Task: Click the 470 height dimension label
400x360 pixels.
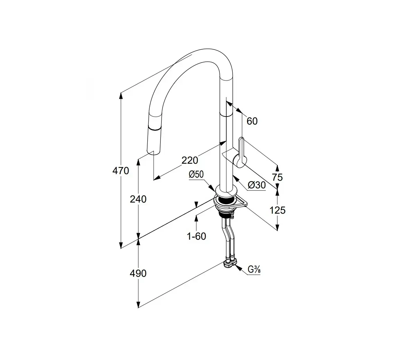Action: [x=121, y=171]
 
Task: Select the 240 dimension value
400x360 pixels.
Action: [x=138, y=199]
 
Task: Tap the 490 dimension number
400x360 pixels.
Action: [x=138, y=273]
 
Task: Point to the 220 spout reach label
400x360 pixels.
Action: [x=190, y=160]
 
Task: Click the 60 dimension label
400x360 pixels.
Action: [x=252, y=121]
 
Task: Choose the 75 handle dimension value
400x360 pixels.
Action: [x=277, y=177]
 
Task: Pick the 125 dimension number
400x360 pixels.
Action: [x=277, y=210]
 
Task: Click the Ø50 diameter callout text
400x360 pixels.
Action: [x=196, y=175]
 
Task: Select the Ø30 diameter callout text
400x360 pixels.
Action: [x=257, y=185]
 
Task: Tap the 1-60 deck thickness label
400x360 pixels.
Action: [x=196, y=236]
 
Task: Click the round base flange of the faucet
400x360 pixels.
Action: [x=226, y=191]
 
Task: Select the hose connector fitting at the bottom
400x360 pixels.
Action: [x=230, y=264]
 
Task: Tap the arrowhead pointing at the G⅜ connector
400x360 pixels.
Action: [x=238, y=267]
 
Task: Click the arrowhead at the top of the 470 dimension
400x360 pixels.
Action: [x=121, y=95]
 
